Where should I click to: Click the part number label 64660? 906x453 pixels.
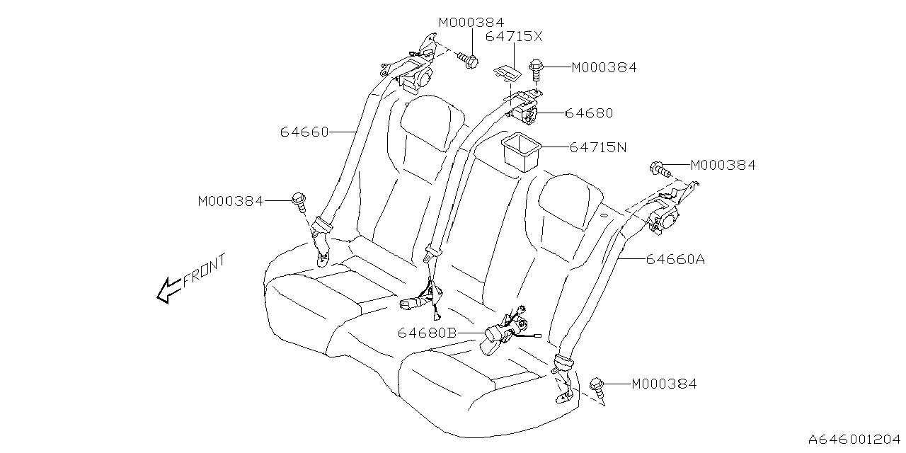coord(304,132)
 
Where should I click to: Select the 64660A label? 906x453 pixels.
coord(675,260)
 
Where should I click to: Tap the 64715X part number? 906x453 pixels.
coord(513,37)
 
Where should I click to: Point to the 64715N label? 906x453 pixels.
coord(598,148)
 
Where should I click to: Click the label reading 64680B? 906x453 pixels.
coord(426,332)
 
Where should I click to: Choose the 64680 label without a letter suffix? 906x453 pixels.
coord(589,113)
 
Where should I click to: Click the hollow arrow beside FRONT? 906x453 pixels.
coord(168,289)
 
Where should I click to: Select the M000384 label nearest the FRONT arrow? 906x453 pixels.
coord(230,202)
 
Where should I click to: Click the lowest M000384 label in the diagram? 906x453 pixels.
coord(664,384)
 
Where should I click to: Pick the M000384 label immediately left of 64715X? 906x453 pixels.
coord(471,23)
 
